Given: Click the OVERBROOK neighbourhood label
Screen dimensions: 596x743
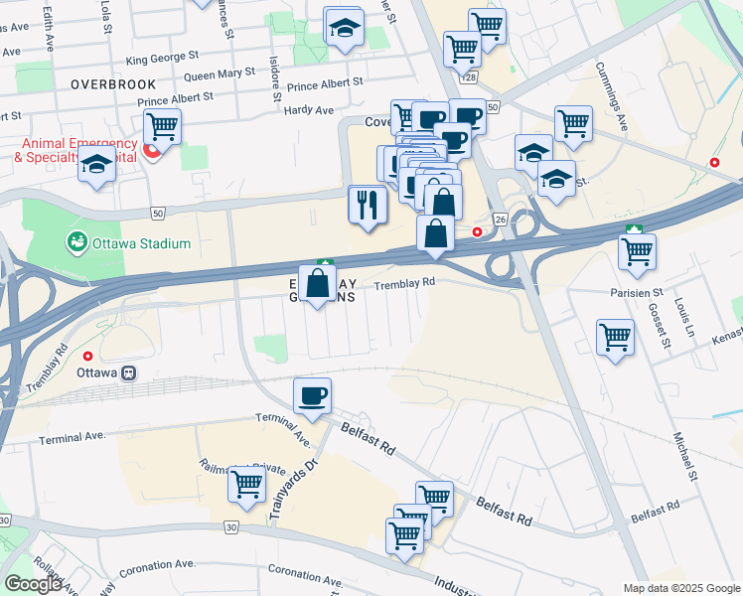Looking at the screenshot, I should click(x=114, y=84).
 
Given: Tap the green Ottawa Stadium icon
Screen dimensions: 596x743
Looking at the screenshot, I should click(x=75, y=242).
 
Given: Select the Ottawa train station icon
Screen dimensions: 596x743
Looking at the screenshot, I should click(x=127, y=373).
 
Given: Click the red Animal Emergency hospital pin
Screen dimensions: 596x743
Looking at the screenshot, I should click(x=151, y=151).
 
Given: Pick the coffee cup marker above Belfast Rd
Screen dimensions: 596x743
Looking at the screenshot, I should click(x=312, y=396).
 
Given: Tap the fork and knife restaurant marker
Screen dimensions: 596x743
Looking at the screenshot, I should click(x=367, y=205).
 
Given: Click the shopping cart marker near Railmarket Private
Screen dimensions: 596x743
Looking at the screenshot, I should click(x=246, y=485).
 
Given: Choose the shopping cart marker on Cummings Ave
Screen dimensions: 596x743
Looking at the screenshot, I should click(x=573, y=124).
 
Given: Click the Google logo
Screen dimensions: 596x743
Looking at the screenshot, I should click(x=33, y=584).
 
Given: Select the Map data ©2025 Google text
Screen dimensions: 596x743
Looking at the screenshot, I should click(x=680, y=588).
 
